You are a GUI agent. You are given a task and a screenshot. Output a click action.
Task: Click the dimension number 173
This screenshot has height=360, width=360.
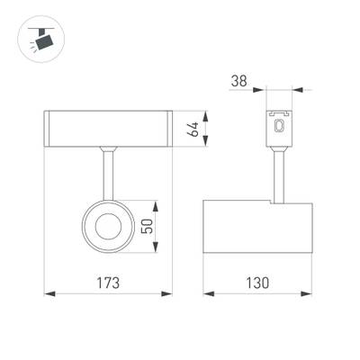pyautogui.click(x=109, y=282)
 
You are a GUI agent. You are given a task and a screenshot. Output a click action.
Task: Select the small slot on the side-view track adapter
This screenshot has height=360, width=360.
pyautogui.click(x=279, y=129)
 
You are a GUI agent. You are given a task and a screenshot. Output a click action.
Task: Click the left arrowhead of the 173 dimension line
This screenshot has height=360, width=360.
pyautogui.click(x=49, y=293)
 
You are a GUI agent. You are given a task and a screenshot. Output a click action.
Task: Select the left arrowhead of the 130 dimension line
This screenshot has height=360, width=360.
pyautogui.click(x=207, y=293)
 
